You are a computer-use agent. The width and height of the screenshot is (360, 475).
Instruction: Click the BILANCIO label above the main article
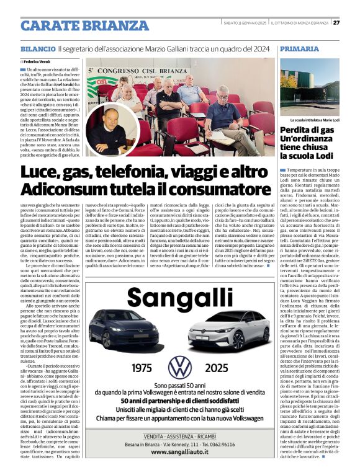37,48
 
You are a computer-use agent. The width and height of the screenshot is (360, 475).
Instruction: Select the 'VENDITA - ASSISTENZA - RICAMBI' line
179,436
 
